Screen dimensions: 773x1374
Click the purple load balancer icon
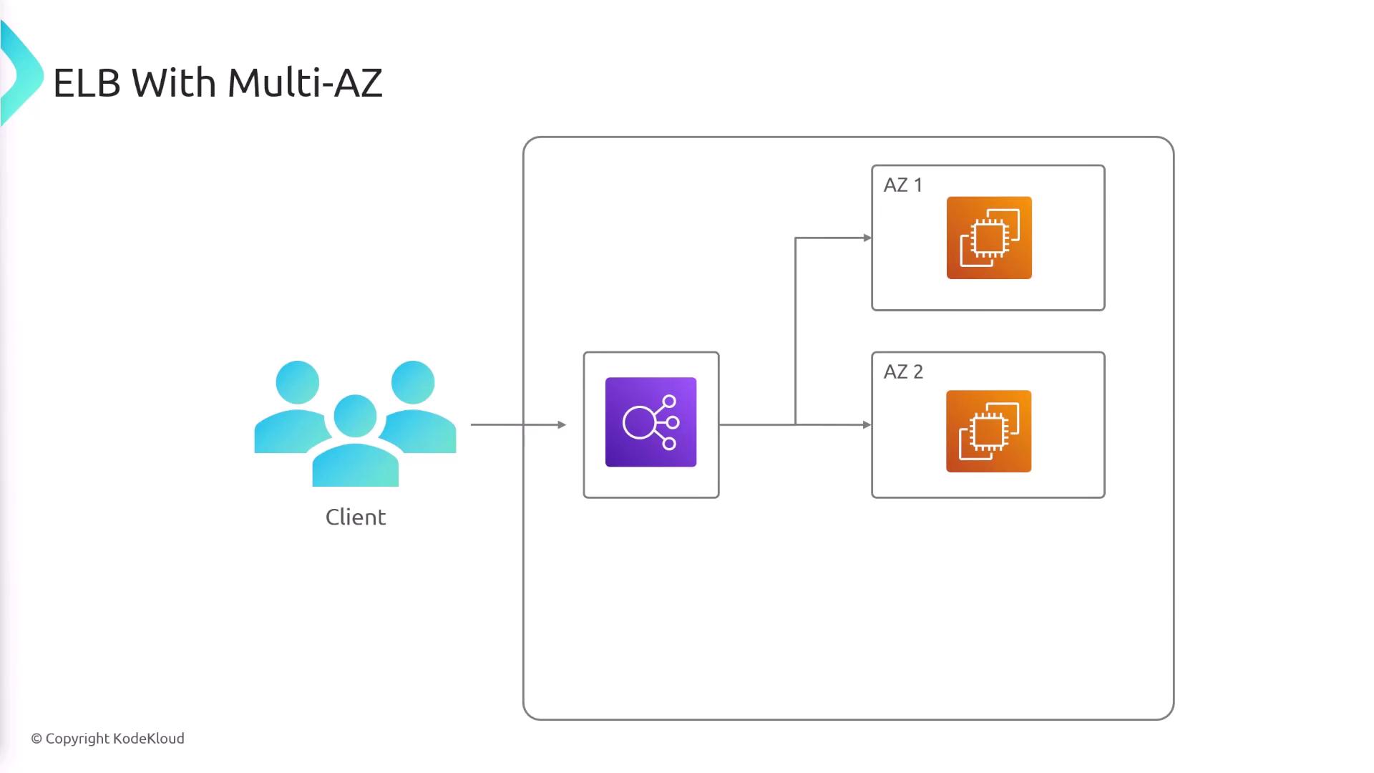(x=651, y=422)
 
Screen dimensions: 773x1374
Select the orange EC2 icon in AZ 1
(x=989, y=238)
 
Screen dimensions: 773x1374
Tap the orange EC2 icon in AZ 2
(x=988, y=431)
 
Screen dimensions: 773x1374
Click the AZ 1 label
(x=902, y=185)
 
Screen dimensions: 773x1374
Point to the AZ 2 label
(x=903, y=372)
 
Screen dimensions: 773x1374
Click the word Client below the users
(x=356, y=517)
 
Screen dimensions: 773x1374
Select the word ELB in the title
(x=87, y=83)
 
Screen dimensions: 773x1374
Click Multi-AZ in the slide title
(x=305, y=83)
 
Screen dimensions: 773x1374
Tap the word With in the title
(x=174, y=83)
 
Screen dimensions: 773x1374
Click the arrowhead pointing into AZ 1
(x=867, y=238)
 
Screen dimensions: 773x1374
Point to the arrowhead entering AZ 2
(x=867, y=424)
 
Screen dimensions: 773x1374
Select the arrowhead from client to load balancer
(x=562, y=424)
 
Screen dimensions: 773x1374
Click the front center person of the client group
(x=356, y=444)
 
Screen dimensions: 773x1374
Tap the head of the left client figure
(x=297, y=382)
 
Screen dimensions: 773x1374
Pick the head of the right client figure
(x=413, y=382)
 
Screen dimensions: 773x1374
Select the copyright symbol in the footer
(x=36, y=739)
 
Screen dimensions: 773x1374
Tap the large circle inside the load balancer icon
(x=638, y=422)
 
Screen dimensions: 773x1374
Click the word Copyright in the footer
(x=77, y=739)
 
